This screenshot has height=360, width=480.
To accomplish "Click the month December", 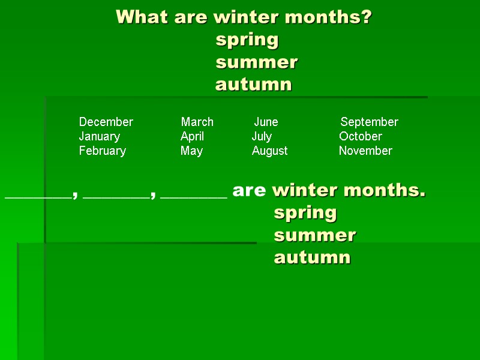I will (106, 122).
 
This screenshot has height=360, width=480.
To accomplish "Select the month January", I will (100, 136).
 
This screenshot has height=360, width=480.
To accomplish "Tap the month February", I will (103, 151).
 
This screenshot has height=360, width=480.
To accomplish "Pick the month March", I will (197, 122).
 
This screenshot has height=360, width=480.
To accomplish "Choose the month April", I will (193, 136).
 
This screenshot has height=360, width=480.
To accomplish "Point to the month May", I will (192, 151).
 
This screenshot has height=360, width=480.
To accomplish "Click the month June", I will (266, 122).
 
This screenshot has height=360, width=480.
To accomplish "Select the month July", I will (262, 137).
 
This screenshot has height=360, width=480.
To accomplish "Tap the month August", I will (270, 151).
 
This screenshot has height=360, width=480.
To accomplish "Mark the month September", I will (370, 122).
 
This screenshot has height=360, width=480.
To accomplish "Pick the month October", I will (361, 136).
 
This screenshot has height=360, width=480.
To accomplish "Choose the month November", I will (365, 151).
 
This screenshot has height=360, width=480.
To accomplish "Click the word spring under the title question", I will (247, 40).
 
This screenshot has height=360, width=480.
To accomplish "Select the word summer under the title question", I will (257, 62).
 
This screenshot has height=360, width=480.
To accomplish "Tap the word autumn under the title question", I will (254, 85).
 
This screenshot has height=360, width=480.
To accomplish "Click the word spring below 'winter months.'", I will (305, 213).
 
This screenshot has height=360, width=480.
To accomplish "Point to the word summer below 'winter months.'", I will (315, 235).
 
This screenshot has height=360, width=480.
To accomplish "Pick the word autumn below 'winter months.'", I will (312, 257).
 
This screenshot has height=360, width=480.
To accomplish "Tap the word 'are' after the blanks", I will (249, 191).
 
